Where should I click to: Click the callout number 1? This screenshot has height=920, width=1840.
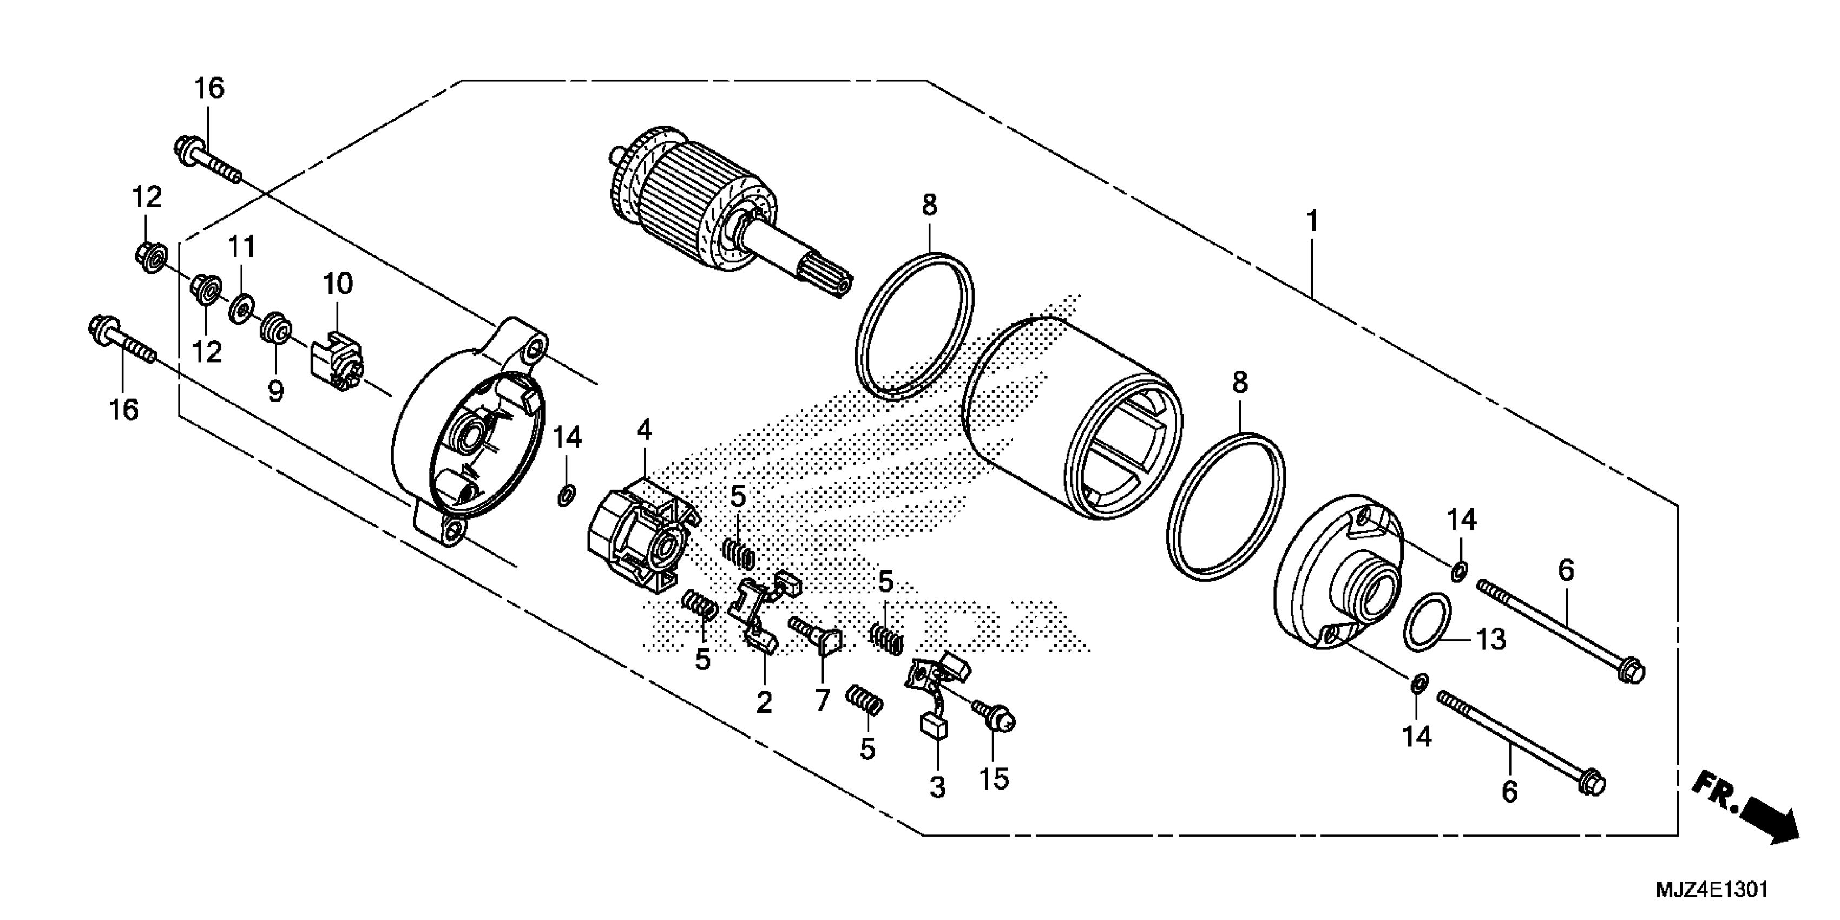tap(1312, 222)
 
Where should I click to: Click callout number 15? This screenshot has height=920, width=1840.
tap(994, 779)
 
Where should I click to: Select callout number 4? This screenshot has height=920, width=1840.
tap(645, 430)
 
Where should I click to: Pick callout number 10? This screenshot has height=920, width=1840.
tap(338, 284)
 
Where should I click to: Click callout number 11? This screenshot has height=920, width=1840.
tap(241, 247)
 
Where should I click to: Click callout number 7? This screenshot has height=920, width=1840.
tap(822, 701)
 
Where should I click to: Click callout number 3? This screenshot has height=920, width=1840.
tap(937, 788)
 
